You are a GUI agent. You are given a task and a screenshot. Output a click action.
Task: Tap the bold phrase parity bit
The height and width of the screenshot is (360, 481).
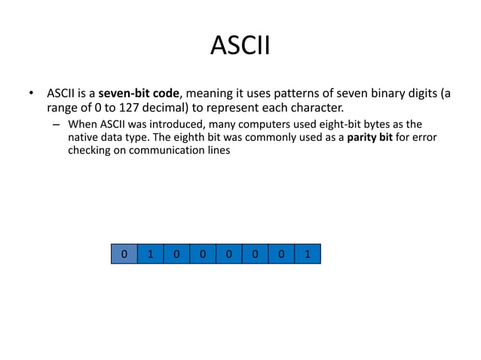click(371, 137)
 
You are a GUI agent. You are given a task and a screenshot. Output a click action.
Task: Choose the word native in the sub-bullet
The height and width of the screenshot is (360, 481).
click(84, 137)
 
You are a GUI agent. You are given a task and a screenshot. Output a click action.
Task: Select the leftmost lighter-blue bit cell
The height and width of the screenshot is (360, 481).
click(124, 255)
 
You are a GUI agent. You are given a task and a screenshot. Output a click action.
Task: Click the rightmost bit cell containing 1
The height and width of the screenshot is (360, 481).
click(308, 255)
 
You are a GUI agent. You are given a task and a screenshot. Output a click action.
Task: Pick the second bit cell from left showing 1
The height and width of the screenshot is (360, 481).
click(150, 255)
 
